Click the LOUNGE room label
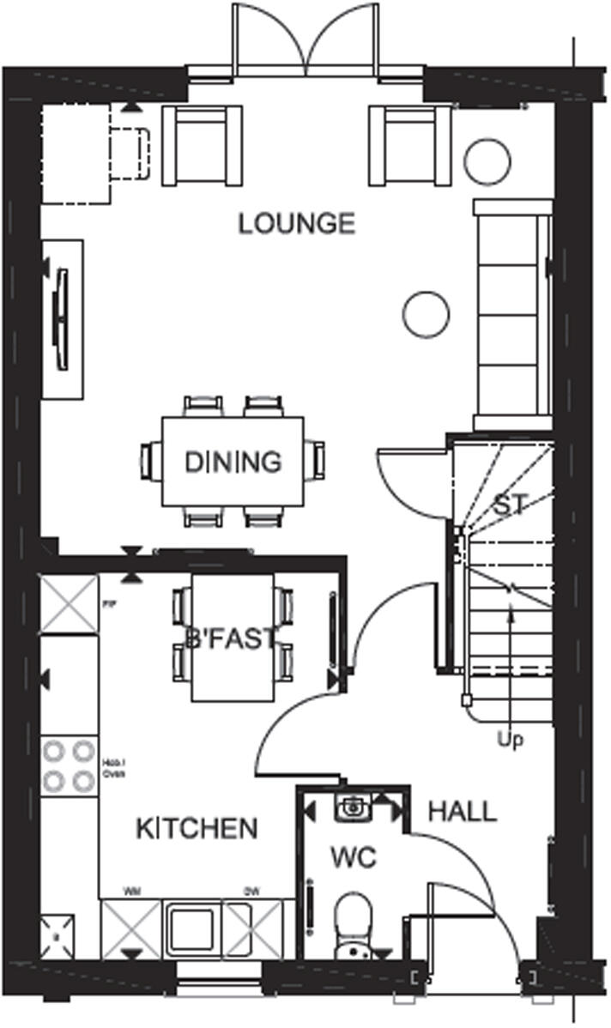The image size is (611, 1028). pos(296,224)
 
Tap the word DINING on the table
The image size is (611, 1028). pos(233,462)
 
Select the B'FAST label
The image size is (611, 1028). pos(232,638)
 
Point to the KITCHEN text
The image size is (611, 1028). pos(197,828)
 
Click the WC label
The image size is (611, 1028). pos(354,858)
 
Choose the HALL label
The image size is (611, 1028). pos(462,811)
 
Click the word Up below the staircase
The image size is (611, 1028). pos(511,738)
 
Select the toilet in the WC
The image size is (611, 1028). pos(354,922)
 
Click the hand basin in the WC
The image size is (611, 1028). pos(353,807)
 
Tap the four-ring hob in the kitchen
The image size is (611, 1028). pos(69,766)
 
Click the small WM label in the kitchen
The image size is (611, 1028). pos(132,892)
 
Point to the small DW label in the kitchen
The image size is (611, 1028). pos(251,892)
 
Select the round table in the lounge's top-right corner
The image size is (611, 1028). pos(487,160)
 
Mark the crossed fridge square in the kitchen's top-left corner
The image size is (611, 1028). pos(69,605)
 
